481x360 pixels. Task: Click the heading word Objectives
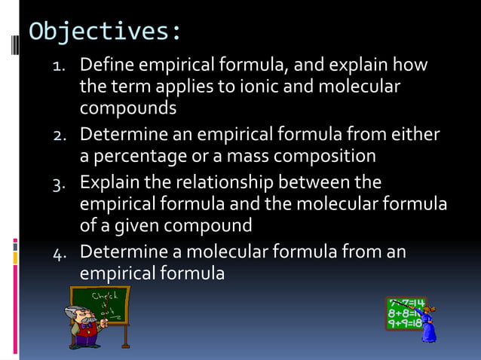[104, 32]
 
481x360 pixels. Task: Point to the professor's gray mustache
[86, 322]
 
